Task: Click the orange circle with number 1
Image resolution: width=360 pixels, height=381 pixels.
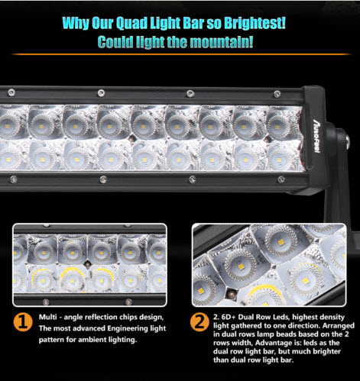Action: coord(23,322)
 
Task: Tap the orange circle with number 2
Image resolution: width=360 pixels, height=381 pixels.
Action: coord(199,322)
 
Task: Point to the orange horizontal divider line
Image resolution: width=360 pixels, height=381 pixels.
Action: coord(181,54)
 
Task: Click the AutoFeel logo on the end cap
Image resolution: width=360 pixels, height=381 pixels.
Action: coord(316,136)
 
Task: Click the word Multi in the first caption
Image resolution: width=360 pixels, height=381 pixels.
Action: coord(46,317)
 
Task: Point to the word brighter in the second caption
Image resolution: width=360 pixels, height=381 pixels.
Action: coord(326,351)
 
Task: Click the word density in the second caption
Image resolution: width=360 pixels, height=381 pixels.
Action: coord(332,318)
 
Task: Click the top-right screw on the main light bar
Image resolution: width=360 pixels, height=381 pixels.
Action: coord(277,94)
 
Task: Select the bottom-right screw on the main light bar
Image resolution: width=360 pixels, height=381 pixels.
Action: coord(281,179)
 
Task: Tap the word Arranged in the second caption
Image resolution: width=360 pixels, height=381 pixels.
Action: coord(339,326)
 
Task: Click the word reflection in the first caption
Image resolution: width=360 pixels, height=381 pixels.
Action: coord(101,317)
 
